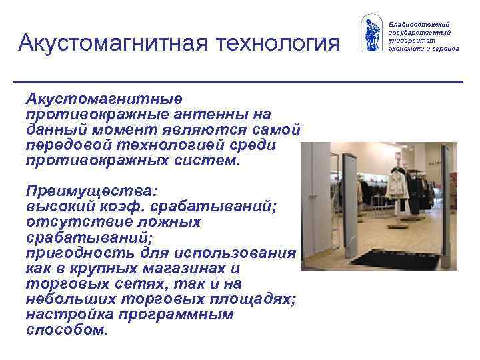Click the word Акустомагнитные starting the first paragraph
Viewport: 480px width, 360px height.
(103, 99)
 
